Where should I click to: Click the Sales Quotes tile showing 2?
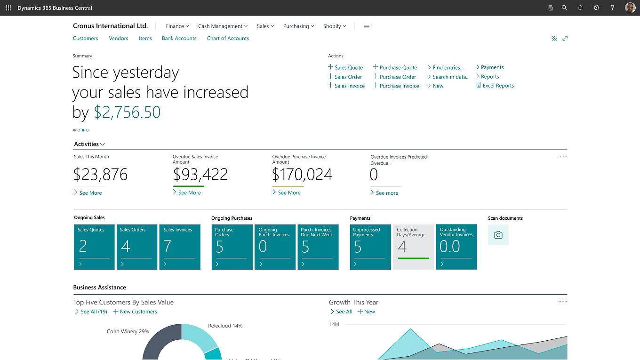click(x=94, y=247)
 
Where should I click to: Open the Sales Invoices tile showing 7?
click(x=180, y=247)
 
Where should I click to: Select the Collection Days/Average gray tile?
click(x=413, y=247)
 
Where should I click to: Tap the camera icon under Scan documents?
click(x=498, y=235)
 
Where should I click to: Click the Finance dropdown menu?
click(x=177, y=26)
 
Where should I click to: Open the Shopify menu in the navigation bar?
click(x=335, y=26)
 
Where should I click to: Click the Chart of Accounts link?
click(x=228, y=39)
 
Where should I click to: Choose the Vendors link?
click(x=119, y=39)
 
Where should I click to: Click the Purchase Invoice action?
click(x=399, y=86)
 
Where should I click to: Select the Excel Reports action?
click(x=498, y=86)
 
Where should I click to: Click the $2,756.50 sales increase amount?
click(x=127, y=112)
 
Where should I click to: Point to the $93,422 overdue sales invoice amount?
click(x=200, y=175)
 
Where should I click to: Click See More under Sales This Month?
click(x=90, y=193)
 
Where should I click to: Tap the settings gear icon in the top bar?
click(x=597, y=8)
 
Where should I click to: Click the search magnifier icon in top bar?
click(x=564, y=8)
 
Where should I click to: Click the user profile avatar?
click(x=630, y=8)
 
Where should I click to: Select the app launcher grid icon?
click(x=8, y=8)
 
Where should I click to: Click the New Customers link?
click(x=138, y=312)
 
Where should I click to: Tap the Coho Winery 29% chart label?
click(x=128, y=331)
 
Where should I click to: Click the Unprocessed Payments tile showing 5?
click(x=370, y=247)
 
